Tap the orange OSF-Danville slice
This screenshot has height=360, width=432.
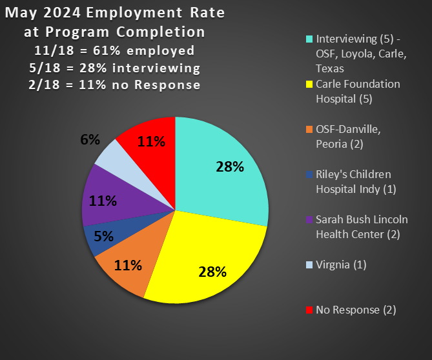pos(126,271)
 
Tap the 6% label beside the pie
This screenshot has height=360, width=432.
pos(90,139)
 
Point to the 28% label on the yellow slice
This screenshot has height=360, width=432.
pos(212,272)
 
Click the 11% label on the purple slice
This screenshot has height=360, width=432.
pos(103,201)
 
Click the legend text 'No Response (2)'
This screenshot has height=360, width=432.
pos(356,310)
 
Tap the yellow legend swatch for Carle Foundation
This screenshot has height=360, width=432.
pos(309,85)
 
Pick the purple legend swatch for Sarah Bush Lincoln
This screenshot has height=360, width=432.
pos(309,220)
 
